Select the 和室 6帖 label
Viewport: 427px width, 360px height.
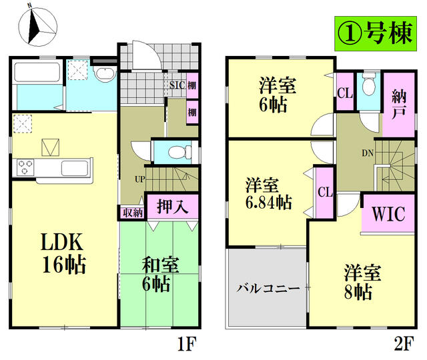coord(159,274)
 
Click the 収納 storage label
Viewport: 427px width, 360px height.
coord(132,213)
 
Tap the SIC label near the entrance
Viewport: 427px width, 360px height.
coord(177,85)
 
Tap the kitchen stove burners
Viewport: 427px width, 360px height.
coord(27,166)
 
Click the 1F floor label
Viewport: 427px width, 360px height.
coord(187,345)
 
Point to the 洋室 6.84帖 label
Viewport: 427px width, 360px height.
coord(268,193)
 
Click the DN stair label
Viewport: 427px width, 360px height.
coord(367,153)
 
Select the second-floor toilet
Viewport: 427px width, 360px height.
coord(368,86)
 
